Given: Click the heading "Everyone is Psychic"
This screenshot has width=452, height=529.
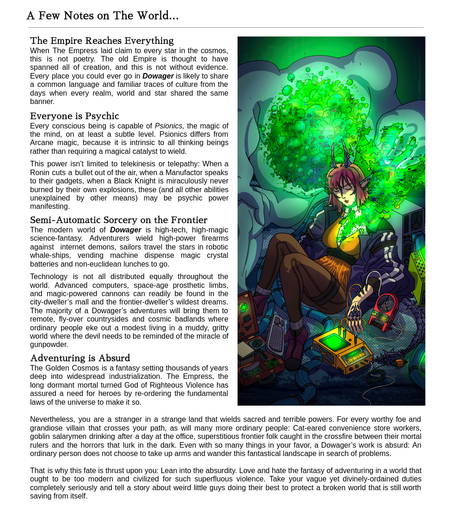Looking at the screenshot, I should click(74, 116).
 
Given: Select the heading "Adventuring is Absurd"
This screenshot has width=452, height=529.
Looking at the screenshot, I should click(80, 358).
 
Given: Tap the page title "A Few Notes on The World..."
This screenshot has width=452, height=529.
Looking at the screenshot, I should click(102, 16).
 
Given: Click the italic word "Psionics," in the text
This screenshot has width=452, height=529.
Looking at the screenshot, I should click(169, 126).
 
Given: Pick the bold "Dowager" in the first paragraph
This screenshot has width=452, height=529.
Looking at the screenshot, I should click(158, 76).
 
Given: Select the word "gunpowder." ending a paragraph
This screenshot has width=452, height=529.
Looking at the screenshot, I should click(49, 345).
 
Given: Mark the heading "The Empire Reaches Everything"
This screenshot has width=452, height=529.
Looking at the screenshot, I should click(102, 41).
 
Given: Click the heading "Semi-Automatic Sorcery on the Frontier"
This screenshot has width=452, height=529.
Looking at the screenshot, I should click(119, 220).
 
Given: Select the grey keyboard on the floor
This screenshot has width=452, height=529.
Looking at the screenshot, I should click(276, 334).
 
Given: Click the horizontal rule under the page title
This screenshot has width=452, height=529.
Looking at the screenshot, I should click(226, 28).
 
